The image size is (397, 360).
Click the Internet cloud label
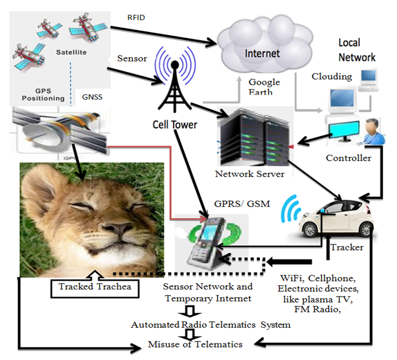pos(262,53)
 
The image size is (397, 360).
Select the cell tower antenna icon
pos(175,83)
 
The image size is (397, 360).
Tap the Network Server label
pos(250,174)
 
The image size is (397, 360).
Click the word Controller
pos(348,158)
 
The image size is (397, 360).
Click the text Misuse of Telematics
pos(195,344)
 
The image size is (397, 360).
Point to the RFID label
pos(136,18)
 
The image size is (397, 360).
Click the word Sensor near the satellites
pos(132,58)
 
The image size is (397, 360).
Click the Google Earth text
pos(264,86)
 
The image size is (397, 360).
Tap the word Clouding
pos(332,76)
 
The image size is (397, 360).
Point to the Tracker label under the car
pos(347,247)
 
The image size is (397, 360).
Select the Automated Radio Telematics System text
pos(211,325)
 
